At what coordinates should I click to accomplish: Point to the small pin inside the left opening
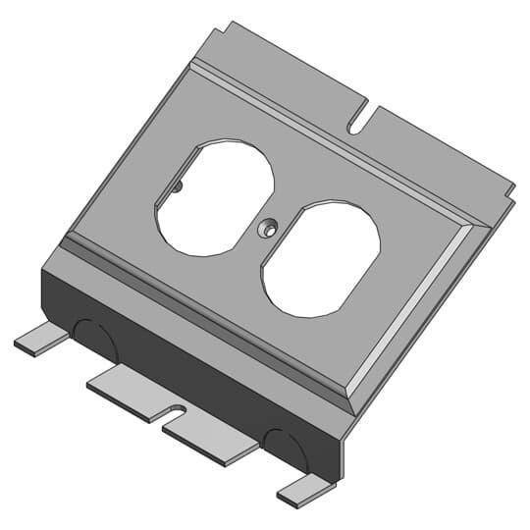coord(177,185)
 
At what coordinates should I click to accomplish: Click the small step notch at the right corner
coord(509,186)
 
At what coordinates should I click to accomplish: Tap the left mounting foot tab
coord(39,339)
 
